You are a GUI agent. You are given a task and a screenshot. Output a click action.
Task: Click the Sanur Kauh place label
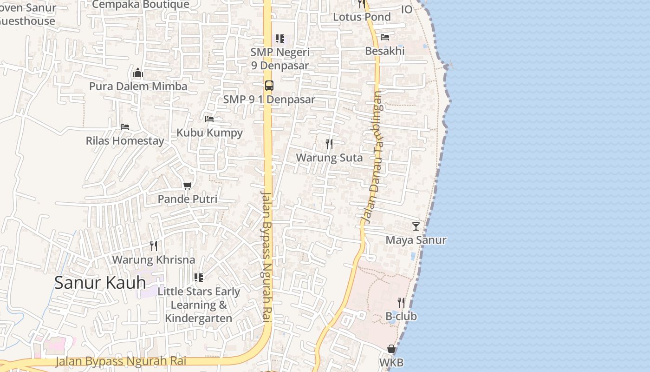coord(100,282)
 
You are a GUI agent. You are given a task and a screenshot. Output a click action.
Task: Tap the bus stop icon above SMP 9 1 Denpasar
coord(269,85)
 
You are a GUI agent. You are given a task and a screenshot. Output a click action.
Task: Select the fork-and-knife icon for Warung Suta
coord(329,144)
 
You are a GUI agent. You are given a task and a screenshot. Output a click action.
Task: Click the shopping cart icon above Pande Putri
coord(188,186)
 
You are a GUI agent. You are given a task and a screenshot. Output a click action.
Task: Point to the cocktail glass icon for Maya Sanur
coord(416,226)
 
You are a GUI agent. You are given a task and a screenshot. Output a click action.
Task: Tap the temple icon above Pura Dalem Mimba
coord(138,73)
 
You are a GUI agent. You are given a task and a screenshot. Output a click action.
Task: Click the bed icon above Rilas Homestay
coord(124,126)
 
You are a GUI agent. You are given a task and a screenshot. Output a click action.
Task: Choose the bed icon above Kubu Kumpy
coord(209,119)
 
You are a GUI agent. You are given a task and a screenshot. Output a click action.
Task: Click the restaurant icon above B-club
coord(401,303)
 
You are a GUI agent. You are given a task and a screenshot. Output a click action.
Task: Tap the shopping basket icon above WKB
coord(391,349)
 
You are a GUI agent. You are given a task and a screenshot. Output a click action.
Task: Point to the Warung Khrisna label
coord(154,259)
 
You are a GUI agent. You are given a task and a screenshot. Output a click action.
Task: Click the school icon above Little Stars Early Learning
coord(199,278)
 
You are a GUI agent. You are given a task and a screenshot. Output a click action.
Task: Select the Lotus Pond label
coord(362,17)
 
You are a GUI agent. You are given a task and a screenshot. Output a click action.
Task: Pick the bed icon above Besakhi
coord(384,37)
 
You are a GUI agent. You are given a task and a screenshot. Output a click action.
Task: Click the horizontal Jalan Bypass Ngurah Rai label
coord(121,361)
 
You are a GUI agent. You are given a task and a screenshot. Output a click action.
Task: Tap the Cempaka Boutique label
coord(141,5)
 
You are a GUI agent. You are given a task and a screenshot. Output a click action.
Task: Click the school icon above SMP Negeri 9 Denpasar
coord(279,39)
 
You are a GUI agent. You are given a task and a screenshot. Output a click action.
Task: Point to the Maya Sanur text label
coord(416,240)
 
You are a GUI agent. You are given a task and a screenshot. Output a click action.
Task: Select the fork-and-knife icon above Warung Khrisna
coord(154,246)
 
